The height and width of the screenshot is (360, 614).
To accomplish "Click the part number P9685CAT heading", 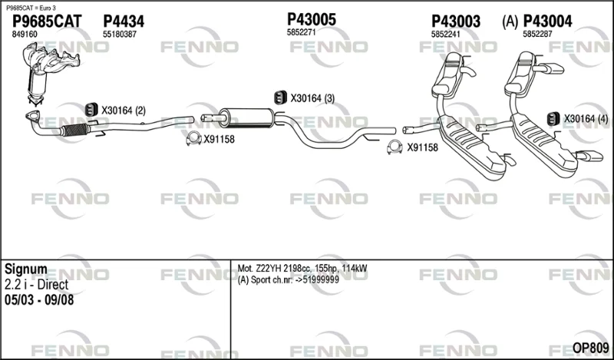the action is click(47, 21).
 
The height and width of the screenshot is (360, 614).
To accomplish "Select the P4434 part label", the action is click(124, 21).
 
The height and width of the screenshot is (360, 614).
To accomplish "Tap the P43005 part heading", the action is click(312, 19).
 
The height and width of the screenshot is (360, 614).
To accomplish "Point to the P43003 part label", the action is click(456, 21).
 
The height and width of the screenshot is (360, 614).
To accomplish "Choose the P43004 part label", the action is click(547, 21).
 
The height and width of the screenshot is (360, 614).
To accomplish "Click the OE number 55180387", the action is click(120, 35).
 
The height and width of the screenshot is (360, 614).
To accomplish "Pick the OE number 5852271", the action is click(301, 32).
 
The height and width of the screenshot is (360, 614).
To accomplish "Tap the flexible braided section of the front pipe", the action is click(74, 129).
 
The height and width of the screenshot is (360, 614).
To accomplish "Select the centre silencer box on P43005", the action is click(246, 117).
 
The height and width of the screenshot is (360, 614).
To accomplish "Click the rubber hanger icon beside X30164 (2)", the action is click(91, 110).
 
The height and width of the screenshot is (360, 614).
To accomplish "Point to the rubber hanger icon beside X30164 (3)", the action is click(280, 97).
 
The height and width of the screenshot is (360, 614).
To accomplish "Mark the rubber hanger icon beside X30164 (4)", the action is click(553, 118).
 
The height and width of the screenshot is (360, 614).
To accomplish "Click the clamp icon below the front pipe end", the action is click(193, 138).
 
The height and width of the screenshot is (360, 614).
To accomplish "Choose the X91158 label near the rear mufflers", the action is click(423, 147).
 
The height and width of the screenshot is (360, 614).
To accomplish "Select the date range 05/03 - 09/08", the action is click(39, 300).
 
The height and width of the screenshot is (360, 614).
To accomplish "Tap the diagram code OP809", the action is click(590, 348).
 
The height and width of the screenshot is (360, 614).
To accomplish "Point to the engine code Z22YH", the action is click(268, 269).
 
